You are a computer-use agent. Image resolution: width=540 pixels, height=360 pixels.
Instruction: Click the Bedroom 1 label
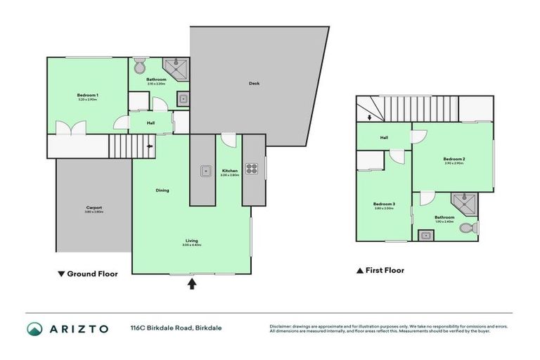point(88,95)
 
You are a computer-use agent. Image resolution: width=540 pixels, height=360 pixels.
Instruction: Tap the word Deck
point(254,84)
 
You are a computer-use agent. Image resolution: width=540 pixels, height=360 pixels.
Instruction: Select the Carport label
point(94,208)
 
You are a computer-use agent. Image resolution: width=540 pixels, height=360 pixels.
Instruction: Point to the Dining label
point(162,191)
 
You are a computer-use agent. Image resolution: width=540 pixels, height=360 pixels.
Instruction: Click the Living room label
point(191,240)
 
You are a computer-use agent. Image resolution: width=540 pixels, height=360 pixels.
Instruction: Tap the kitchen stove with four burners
point(252,169)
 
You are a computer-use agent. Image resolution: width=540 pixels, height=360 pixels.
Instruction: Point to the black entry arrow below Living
point(191,284)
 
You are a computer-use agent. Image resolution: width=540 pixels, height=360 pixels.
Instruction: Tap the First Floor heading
point(381,270)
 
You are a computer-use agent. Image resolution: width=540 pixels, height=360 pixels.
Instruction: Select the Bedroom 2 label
point(454,160)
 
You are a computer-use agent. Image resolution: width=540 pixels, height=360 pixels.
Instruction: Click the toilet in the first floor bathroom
point(468,229)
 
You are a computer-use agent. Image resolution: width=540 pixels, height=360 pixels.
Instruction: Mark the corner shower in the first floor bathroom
point(465,202)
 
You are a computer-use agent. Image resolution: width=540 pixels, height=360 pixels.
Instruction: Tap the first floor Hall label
point(384,138)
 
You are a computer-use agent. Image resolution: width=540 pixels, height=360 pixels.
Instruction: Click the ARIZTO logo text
point(78,328)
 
